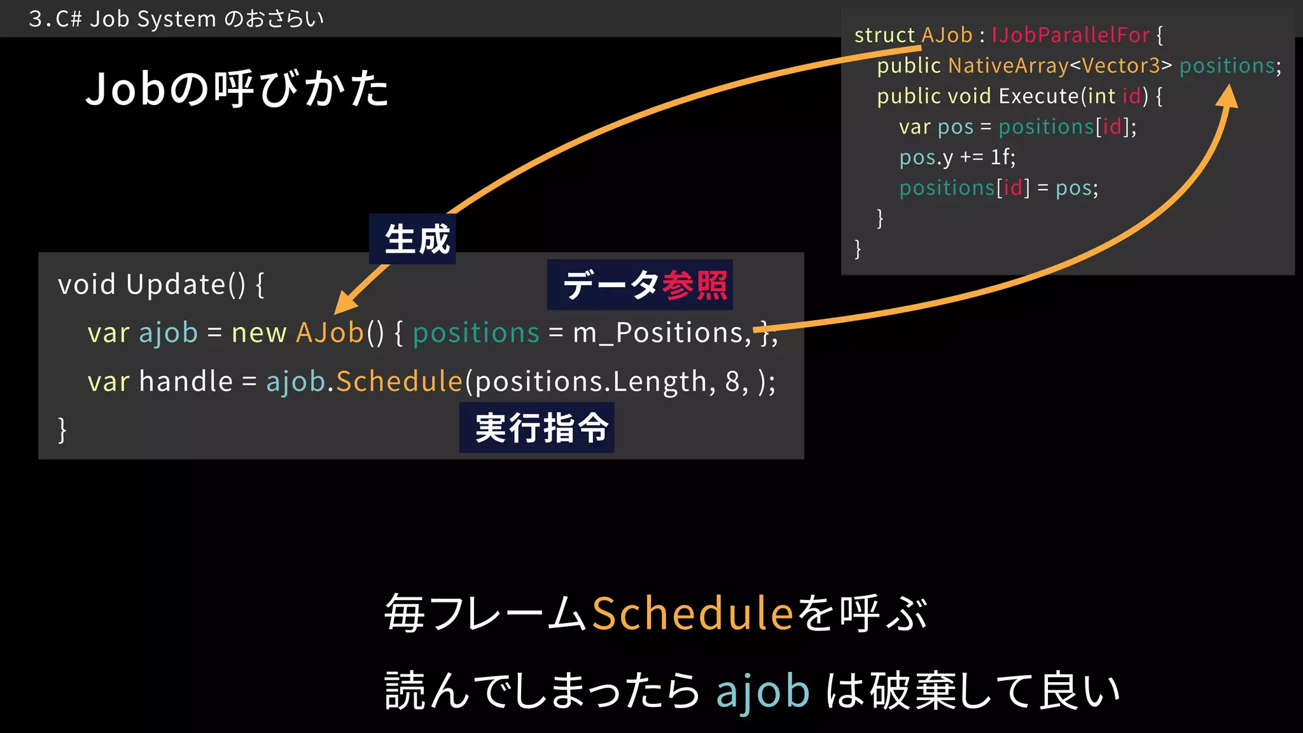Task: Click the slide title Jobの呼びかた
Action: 237,88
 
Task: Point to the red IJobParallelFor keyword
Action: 1070,35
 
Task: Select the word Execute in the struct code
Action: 1039,96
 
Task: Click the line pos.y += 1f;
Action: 957,157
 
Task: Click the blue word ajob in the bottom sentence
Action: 763,691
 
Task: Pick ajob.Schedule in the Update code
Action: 364,381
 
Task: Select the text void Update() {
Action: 161,284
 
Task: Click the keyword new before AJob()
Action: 259,333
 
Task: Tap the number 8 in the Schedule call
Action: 732,381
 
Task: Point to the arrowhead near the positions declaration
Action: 1228,97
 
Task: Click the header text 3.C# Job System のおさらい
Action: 176,19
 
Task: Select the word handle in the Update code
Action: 186,381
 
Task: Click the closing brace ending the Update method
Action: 62,429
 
